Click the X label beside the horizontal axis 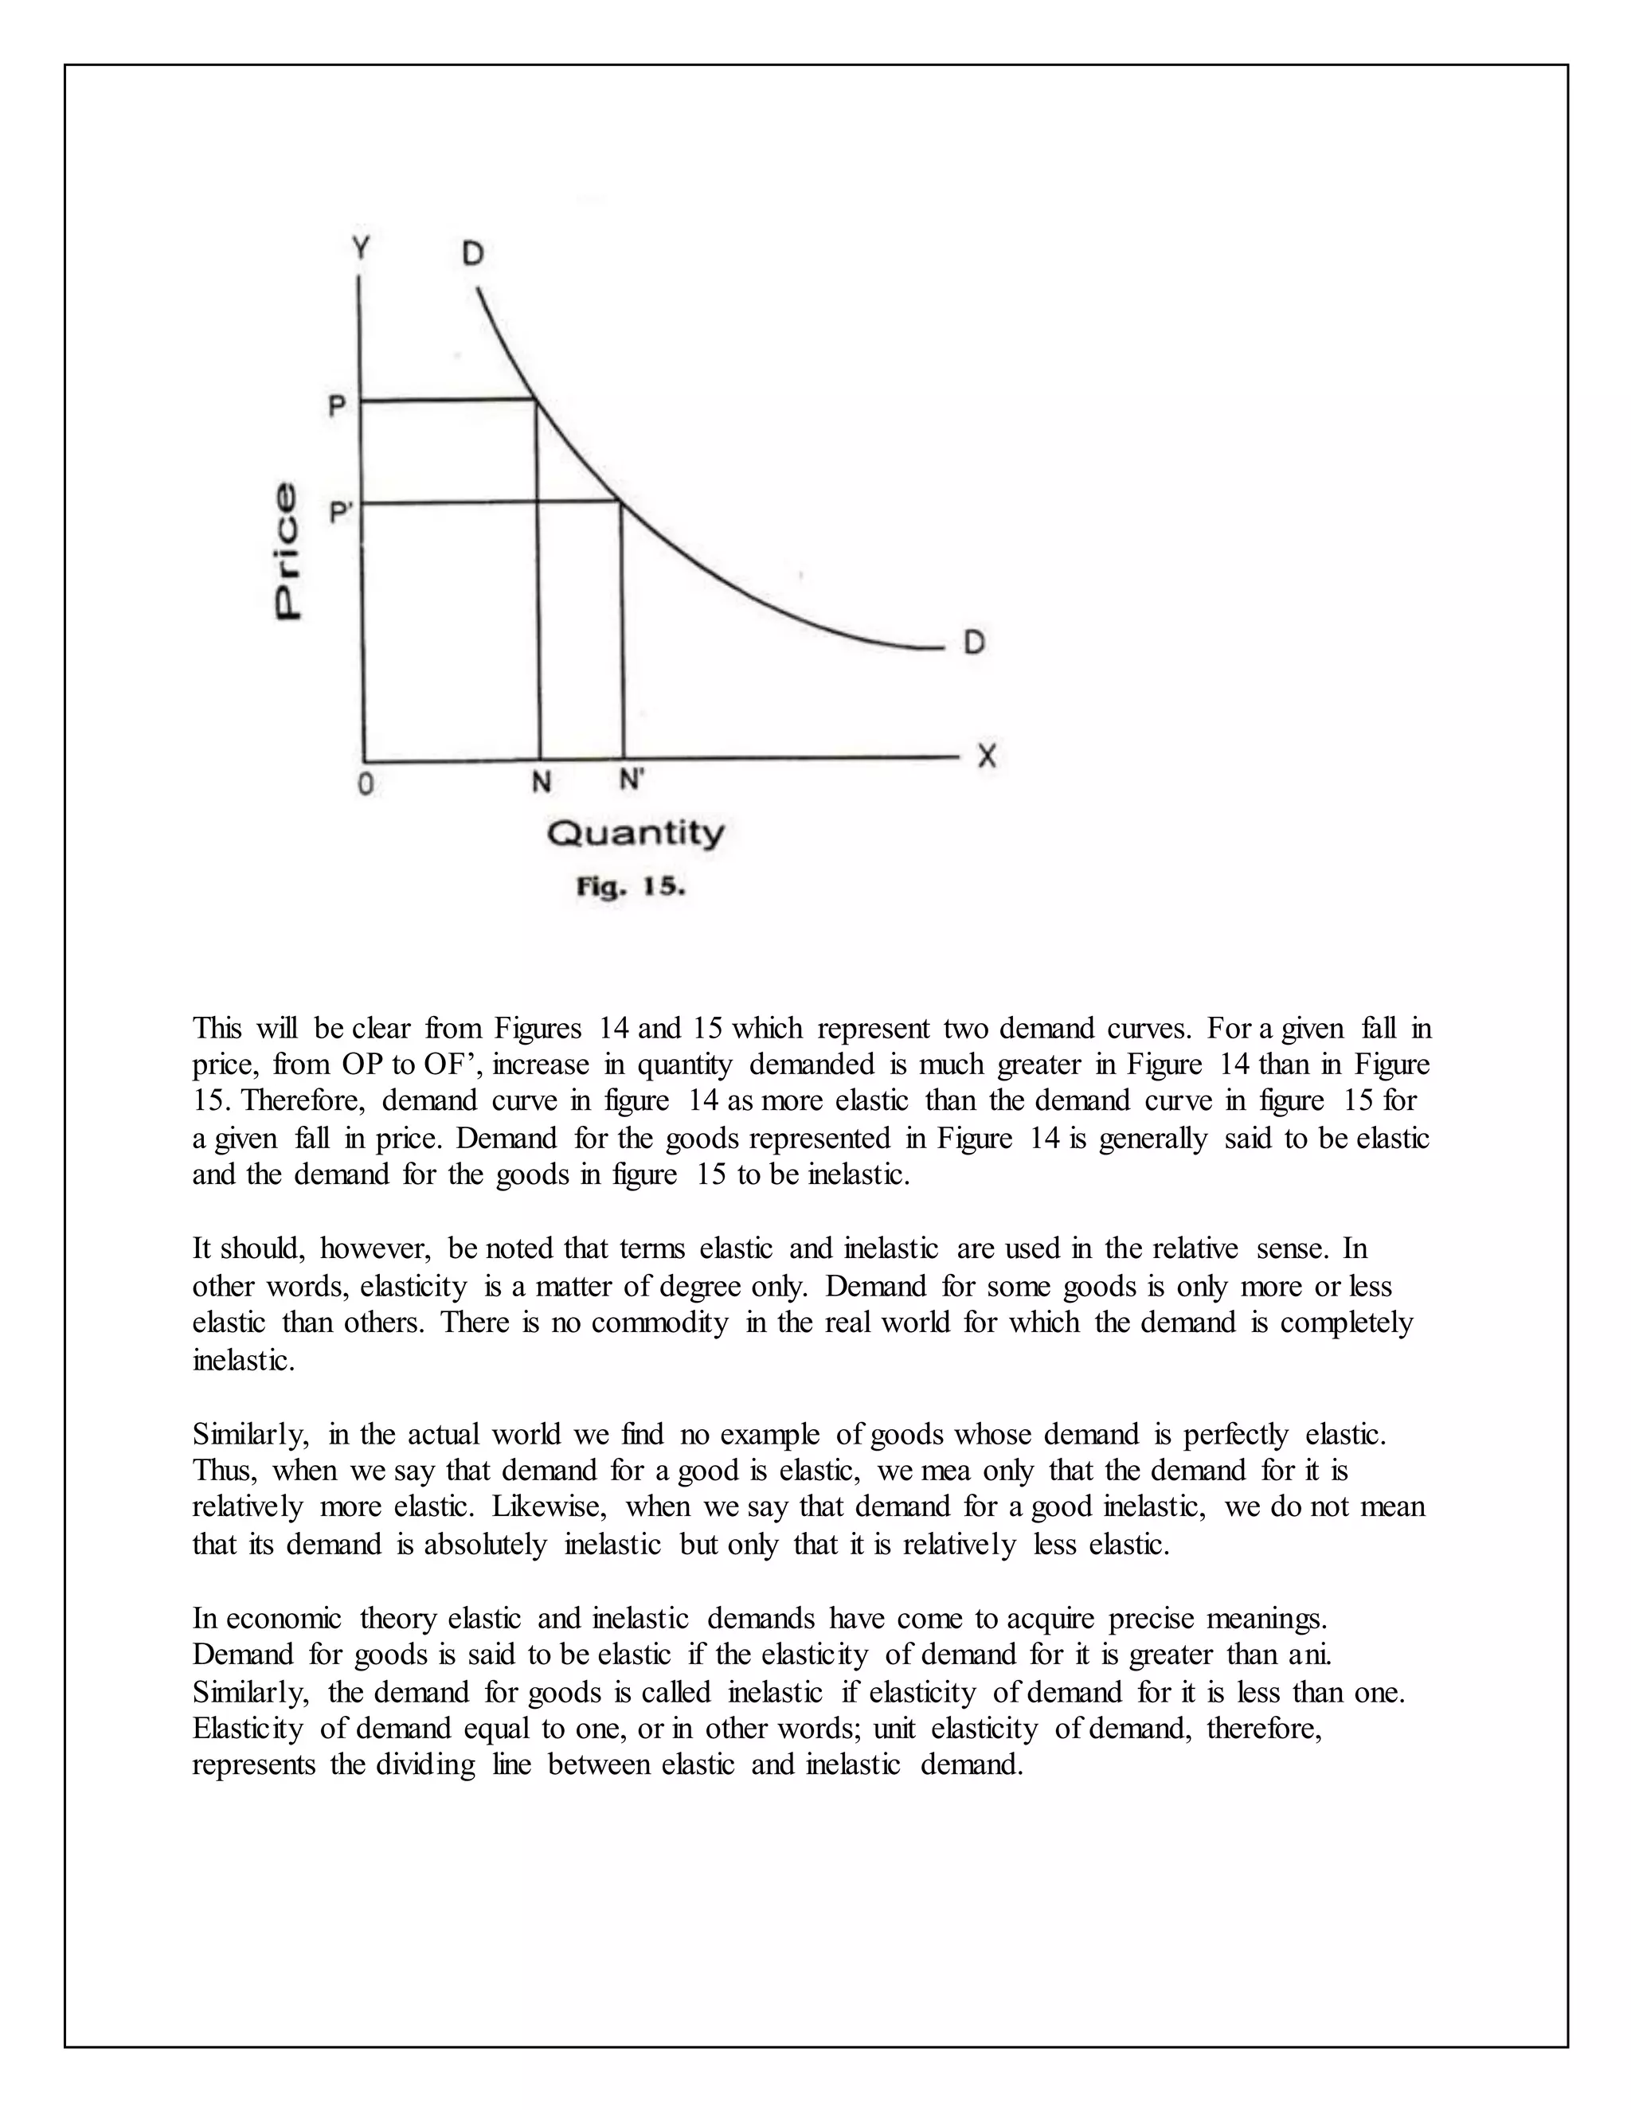986,756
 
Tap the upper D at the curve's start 472,254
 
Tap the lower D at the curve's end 974,643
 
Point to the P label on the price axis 337,406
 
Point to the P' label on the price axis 339,511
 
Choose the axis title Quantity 635,834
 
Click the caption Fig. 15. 631,887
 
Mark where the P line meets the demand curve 536,399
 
